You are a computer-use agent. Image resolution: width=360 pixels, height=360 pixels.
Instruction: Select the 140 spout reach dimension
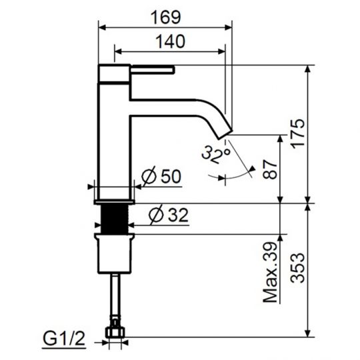coord(169,40)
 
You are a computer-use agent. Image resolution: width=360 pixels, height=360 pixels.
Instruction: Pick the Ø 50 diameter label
coord(163,177)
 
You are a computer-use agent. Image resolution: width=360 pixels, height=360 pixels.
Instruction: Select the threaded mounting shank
coord(117,219)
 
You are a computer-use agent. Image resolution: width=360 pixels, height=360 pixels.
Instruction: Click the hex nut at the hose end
coord(117,331)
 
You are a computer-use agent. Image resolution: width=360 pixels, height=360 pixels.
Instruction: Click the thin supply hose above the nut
coord(117,297)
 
